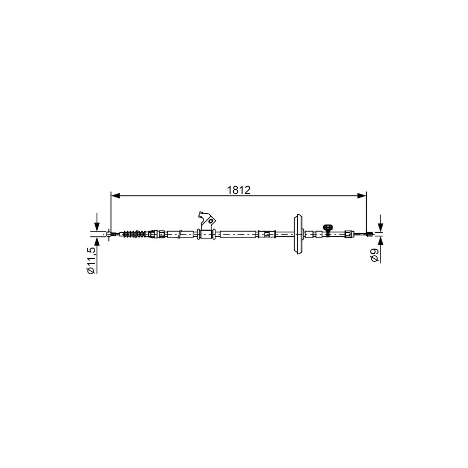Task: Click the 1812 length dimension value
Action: [238, 190]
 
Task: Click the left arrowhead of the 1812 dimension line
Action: [115, 196]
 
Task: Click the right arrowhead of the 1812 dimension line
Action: [362, 196]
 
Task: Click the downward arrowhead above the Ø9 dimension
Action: [380, 228]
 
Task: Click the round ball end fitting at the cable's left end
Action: [108, 234]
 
